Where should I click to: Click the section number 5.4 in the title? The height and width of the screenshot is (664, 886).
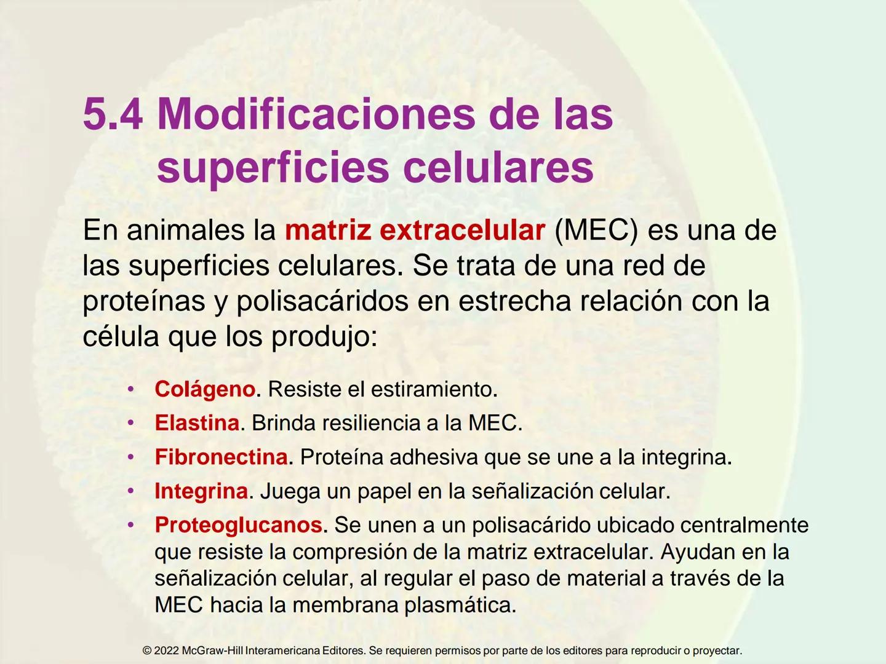point(113,114)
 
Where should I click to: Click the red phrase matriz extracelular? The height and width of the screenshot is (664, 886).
point(415,231)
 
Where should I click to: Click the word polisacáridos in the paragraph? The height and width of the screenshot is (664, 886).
point(322,302)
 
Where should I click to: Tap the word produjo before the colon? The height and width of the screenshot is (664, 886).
point(321,338)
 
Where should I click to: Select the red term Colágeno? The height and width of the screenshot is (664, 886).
point(205,389)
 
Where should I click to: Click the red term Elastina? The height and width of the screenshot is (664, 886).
point(197,423)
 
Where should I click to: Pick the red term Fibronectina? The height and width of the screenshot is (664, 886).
point(221,457)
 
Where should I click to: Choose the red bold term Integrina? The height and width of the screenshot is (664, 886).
point(201,491)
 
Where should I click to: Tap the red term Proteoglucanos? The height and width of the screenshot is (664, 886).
point(238,525)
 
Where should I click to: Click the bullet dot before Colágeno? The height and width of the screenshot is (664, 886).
point(130,390)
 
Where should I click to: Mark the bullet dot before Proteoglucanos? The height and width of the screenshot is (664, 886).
point(130,526)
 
